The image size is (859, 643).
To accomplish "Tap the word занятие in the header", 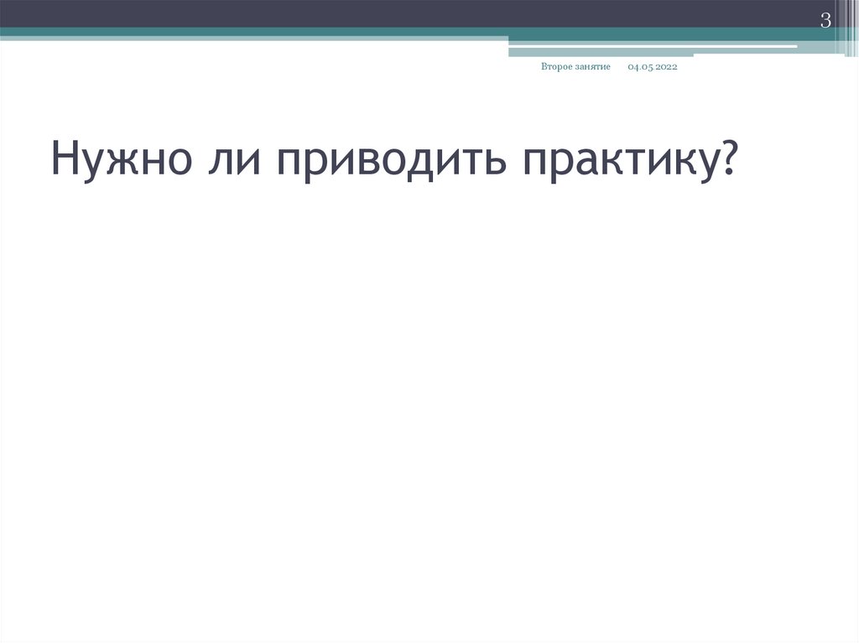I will [592, 67].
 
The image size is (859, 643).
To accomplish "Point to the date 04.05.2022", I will [652, 67].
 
